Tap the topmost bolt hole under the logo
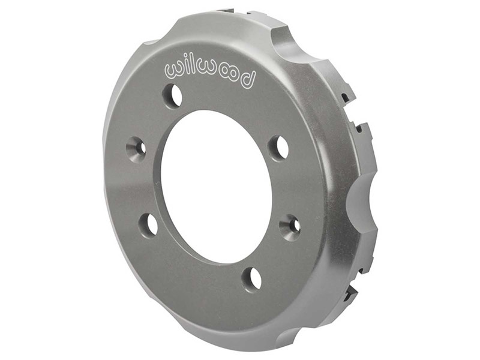point(174,95)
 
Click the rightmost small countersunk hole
point(290,224)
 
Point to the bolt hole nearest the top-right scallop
point(278,147)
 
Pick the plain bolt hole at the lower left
point(149,223)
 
